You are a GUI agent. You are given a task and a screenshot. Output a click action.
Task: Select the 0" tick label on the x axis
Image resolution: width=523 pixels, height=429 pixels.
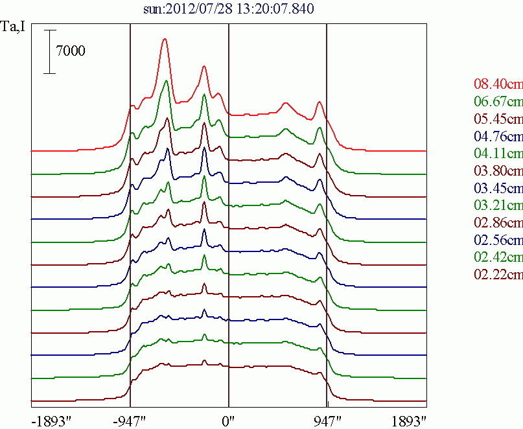(229, 419)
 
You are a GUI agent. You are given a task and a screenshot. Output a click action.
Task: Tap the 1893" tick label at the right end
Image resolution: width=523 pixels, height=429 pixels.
(409, 419)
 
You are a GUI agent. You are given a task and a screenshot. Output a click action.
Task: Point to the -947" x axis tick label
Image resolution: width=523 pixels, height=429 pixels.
(130, 419)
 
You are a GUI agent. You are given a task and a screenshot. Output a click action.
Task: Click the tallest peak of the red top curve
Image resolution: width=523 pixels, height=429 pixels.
(165, 40)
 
